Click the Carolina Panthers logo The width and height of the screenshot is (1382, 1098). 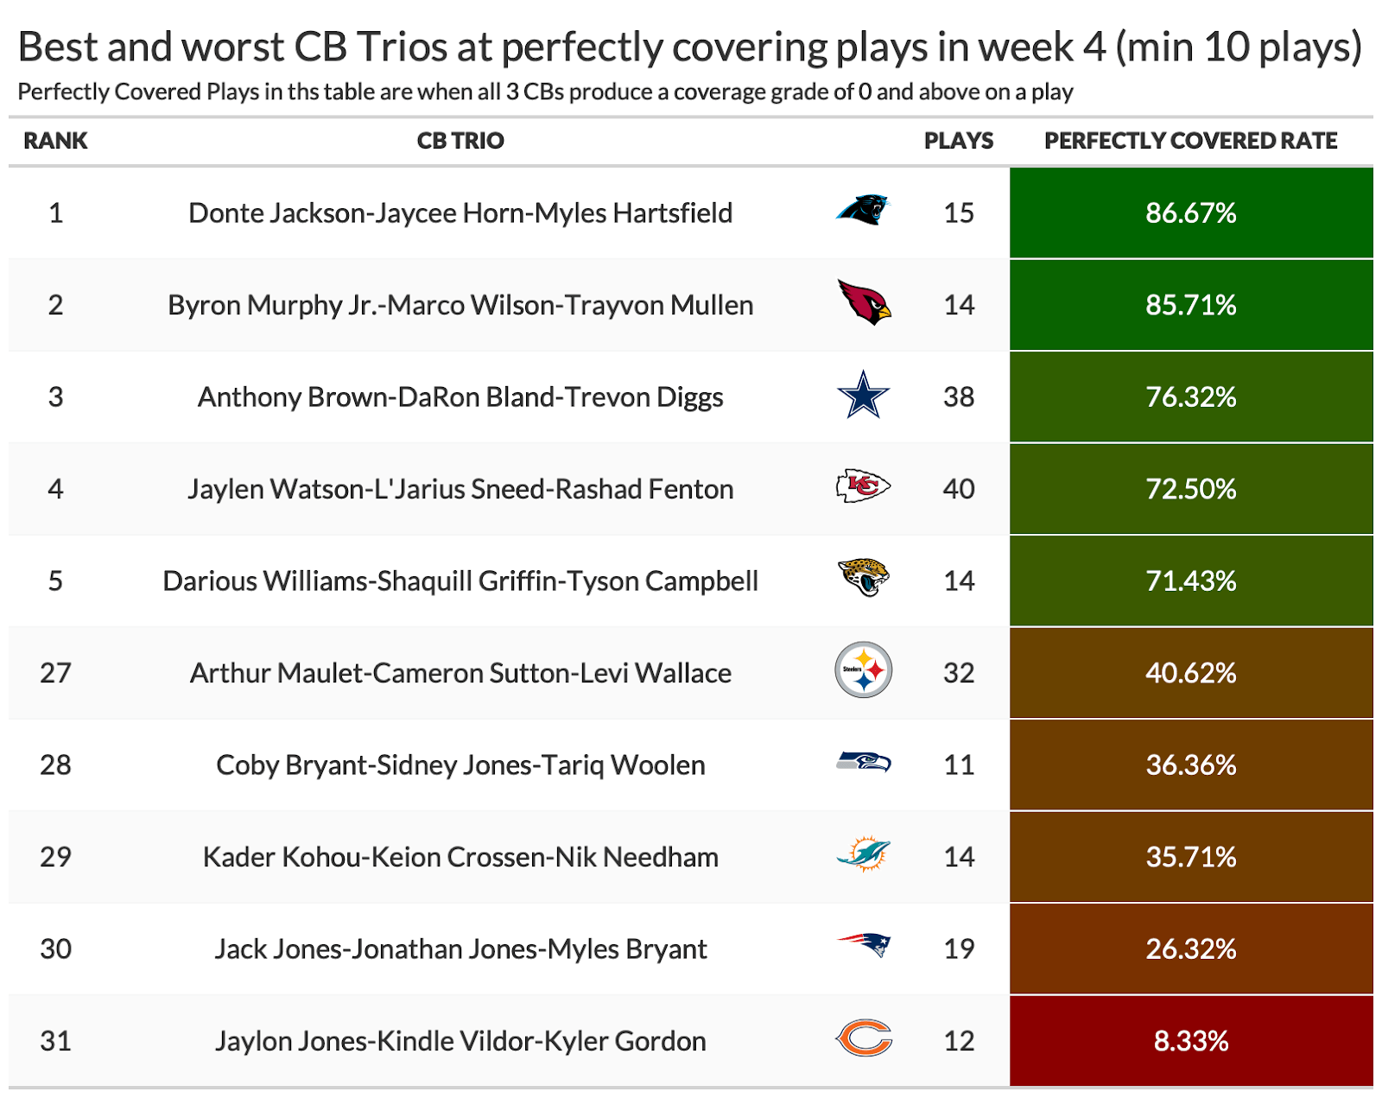coord(862,210)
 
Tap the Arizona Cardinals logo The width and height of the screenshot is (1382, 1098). coord(864,302)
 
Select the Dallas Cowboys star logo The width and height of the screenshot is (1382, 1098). coord(863,395)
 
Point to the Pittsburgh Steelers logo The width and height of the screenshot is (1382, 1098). coord(863,670)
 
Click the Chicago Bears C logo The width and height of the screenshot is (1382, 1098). coord(864,1038)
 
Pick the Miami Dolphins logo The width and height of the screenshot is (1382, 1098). coord(863,854)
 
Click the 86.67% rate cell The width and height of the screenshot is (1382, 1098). coord(1190,213)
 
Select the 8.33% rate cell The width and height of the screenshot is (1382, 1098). coord(1190,1040)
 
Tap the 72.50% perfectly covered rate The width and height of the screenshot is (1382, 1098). coord(1190,489)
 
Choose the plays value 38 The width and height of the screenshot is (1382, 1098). coord(958,397)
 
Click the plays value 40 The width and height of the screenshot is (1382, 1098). coord(958,489)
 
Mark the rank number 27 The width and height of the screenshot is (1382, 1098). coord(55,673)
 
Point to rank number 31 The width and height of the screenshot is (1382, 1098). coord(55,1040)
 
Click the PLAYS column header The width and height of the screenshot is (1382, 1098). coord(958,141)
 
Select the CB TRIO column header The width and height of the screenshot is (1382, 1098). coord(460,141)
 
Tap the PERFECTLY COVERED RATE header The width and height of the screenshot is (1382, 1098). coord(1190,141)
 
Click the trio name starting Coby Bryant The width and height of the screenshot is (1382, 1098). coord(460,765)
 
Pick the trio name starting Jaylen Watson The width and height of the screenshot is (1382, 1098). coord(460,489)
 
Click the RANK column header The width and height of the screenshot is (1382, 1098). coord(55,141)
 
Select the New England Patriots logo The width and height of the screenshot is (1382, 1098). coord(863,946)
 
